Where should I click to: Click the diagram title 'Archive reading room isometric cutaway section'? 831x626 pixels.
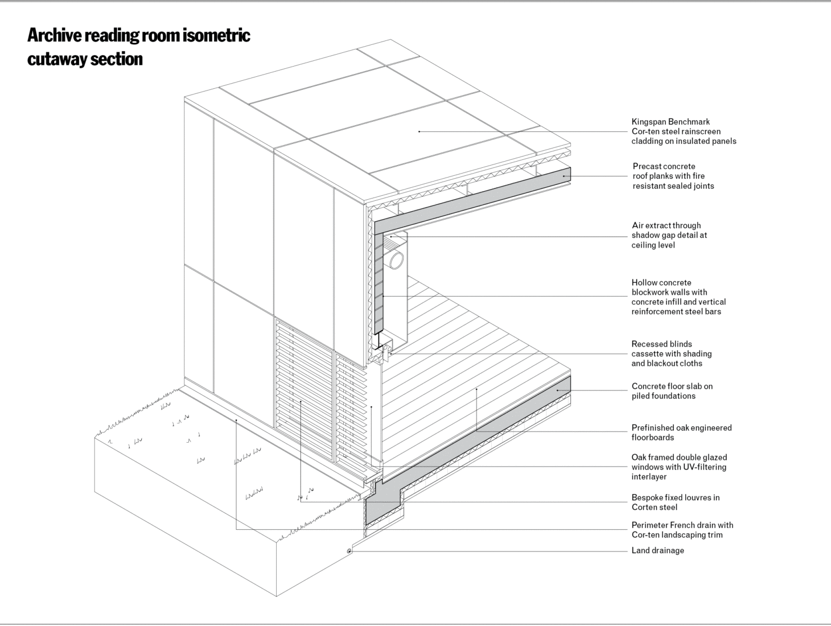coord(138,47)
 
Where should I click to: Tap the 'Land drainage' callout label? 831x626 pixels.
coord(657,550)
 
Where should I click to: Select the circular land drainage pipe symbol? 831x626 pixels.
coord(349,551)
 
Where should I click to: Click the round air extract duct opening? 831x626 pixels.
coord(396,260)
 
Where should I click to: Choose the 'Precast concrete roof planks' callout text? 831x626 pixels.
coord(673,176)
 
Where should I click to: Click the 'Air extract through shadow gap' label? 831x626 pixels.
coord(669,235)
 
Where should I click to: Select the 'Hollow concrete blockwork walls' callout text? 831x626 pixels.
coord(678,297)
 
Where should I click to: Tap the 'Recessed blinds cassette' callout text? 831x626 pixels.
coord(671,353)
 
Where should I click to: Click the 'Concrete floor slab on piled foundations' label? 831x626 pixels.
coord(672,391)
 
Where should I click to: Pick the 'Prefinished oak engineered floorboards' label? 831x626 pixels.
coord(681,433)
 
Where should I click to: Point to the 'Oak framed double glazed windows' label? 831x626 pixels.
coord(679,467)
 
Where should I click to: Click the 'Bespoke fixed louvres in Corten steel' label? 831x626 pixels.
coord(676,503)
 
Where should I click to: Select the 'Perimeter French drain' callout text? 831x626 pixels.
coord(682,530)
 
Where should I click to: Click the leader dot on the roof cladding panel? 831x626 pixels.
coord(419,131)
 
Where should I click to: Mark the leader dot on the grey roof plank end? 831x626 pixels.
coord(563,176)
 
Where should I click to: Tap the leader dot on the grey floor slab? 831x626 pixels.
coord(557,390)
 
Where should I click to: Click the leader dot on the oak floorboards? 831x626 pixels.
coord(476,389)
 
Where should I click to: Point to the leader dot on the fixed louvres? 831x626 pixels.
coord(301,402)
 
